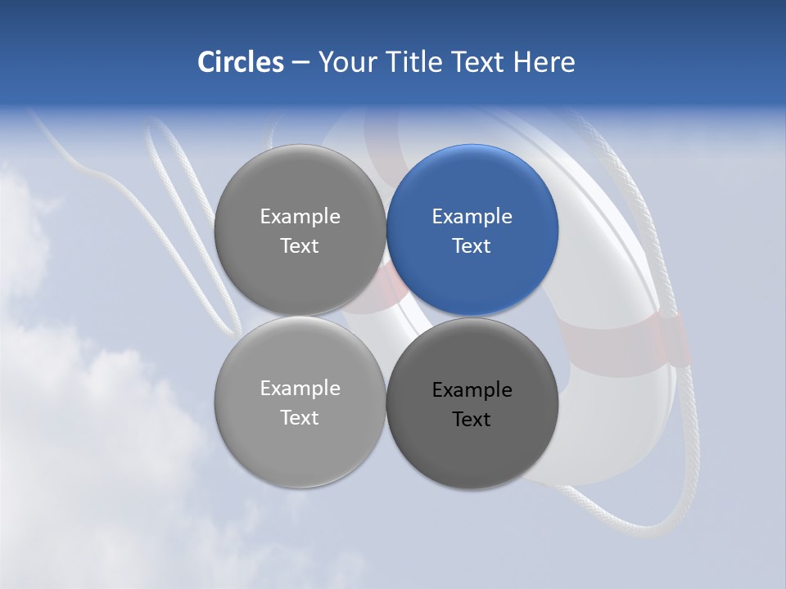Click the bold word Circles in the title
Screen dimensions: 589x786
(240, 62)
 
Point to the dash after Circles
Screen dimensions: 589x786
(300, 63)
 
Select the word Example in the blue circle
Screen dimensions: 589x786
(472, 217)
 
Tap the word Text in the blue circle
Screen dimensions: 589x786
(472, 246)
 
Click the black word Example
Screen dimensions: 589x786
(472, 390)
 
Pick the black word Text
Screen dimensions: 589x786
(472, 420)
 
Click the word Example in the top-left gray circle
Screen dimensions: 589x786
(300, 217)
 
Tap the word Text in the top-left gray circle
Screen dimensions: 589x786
(300, 246)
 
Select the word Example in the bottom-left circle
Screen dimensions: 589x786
(300, 389)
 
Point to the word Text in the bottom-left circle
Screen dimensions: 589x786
(300, 418)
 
